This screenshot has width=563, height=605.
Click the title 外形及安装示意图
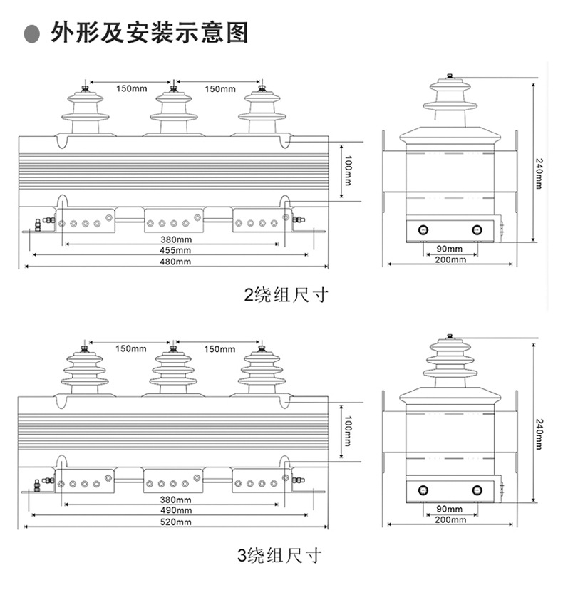[150, 33]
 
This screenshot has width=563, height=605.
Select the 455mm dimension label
[175, 251]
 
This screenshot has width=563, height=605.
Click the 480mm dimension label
[175, 262]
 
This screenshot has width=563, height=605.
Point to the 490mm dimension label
[175, 510]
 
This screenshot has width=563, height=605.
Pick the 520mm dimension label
[175, 522]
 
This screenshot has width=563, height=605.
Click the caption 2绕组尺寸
[285, 294]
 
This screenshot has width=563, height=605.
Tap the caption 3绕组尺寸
[279, 555]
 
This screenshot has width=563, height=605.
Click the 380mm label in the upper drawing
[175, 239]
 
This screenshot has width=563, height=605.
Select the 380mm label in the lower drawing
[175, 499]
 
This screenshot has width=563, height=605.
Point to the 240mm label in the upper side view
[539, 173]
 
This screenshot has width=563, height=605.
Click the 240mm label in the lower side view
[539, 433]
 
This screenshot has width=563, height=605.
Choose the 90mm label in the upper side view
[449, 249]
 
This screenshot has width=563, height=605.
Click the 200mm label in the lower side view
[449, 520]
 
